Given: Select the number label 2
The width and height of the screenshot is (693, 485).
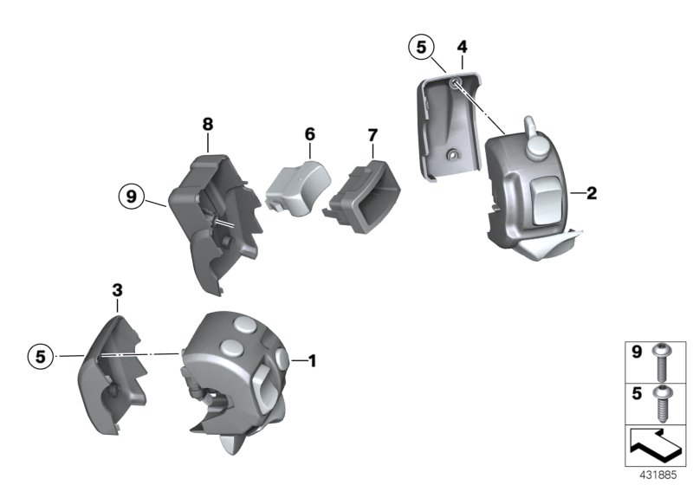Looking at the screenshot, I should pos(592,194).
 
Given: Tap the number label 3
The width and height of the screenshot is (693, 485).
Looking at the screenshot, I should pos(117,289).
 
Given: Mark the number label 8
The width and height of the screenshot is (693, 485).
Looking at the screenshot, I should pos(208,125).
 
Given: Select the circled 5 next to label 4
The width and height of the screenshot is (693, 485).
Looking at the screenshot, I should pos(422,48).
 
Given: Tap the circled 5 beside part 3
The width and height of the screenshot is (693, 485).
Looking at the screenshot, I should pos(39,355).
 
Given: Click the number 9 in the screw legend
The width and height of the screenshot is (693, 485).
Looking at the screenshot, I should pos(635,353).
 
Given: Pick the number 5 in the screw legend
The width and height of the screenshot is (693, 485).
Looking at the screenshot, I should pos(635,392).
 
